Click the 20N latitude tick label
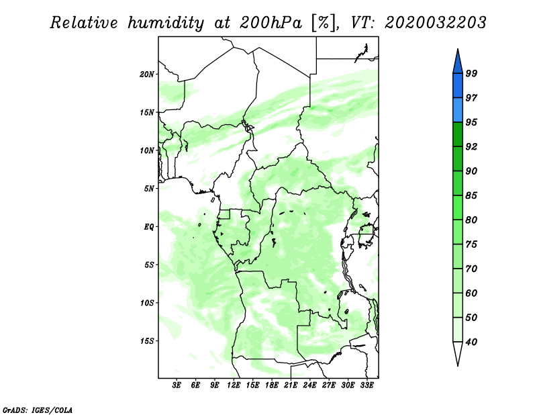(x=147, y=75)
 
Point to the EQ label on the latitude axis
(x=148, y=227)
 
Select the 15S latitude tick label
(x=147, y=341)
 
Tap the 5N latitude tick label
(x=149, y=189)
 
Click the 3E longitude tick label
(x=177, y=385)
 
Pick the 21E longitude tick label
(x=291, y=385)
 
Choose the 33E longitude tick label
(x=367, y=385)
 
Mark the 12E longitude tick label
(x=234, y=385)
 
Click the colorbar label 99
(x=471, y=73)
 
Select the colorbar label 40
(x=471, y=342)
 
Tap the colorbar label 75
(x=471, y=244)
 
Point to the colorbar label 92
(x=471, y=146)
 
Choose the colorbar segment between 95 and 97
(x=458, y=110)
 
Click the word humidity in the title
(x=166, y=23)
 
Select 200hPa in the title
(x=271, y=23)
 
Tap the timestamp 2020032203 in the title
(x=435, y=23)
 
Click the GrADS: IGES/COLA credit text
(x=38, y=410)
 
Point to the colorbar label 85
(x=471, y=195)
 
